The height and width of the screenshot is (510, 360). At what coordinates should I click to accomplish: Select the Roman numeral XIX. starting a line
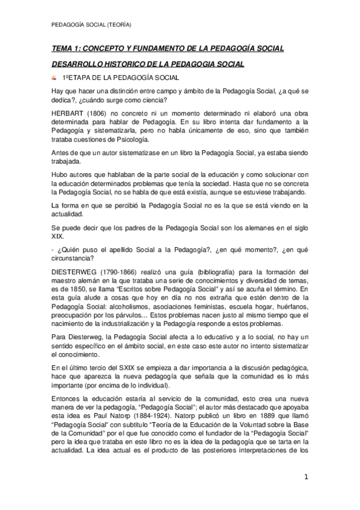[58, 237]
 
